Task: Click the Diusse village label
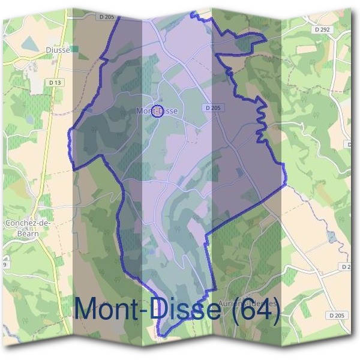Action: (x=58, y=50)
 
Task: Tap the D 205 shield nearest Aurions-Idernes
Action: (x=337, y=315)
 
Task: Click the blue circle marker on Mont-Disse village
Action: (x=158, y=110)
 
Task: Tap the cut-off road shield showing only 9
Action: (x=4, y=264)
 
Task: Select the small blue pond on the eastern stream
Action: (x=332, y=236)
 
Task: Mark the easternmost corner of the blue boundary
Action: (x=286, y=181)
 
